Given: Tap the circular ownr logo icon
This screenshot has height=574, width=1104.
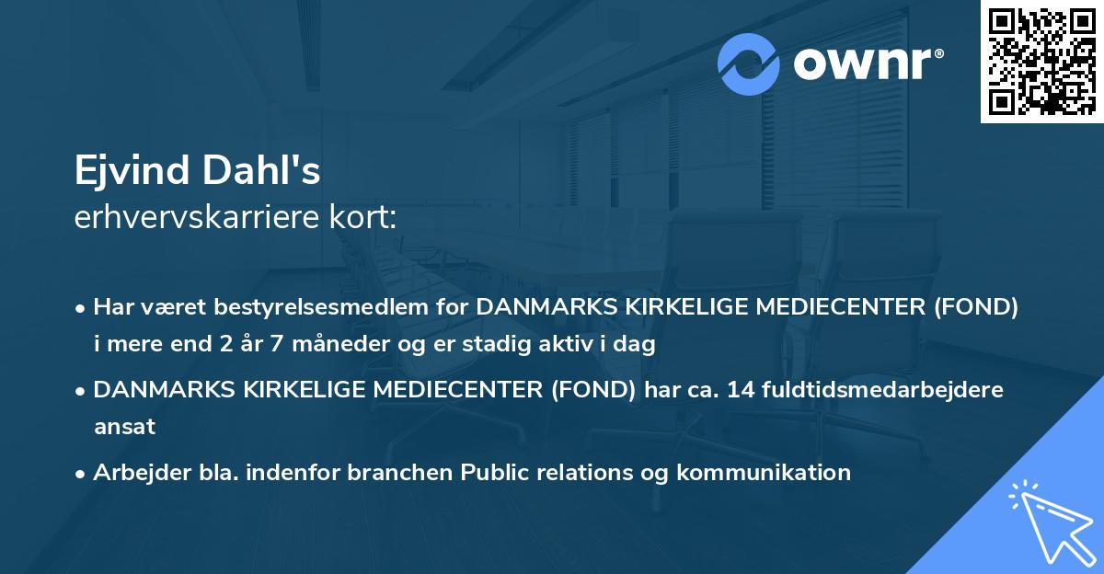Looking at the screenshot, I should pos(749,63).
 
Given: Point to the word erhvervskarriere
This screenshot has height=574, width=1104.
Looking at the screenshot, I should pos(194,218).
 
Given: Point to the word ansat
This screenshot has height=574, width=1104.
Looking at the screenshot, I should pos(124,427).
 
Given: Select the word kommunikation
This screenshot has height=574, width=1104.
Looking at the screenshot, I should pos(764,473).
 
